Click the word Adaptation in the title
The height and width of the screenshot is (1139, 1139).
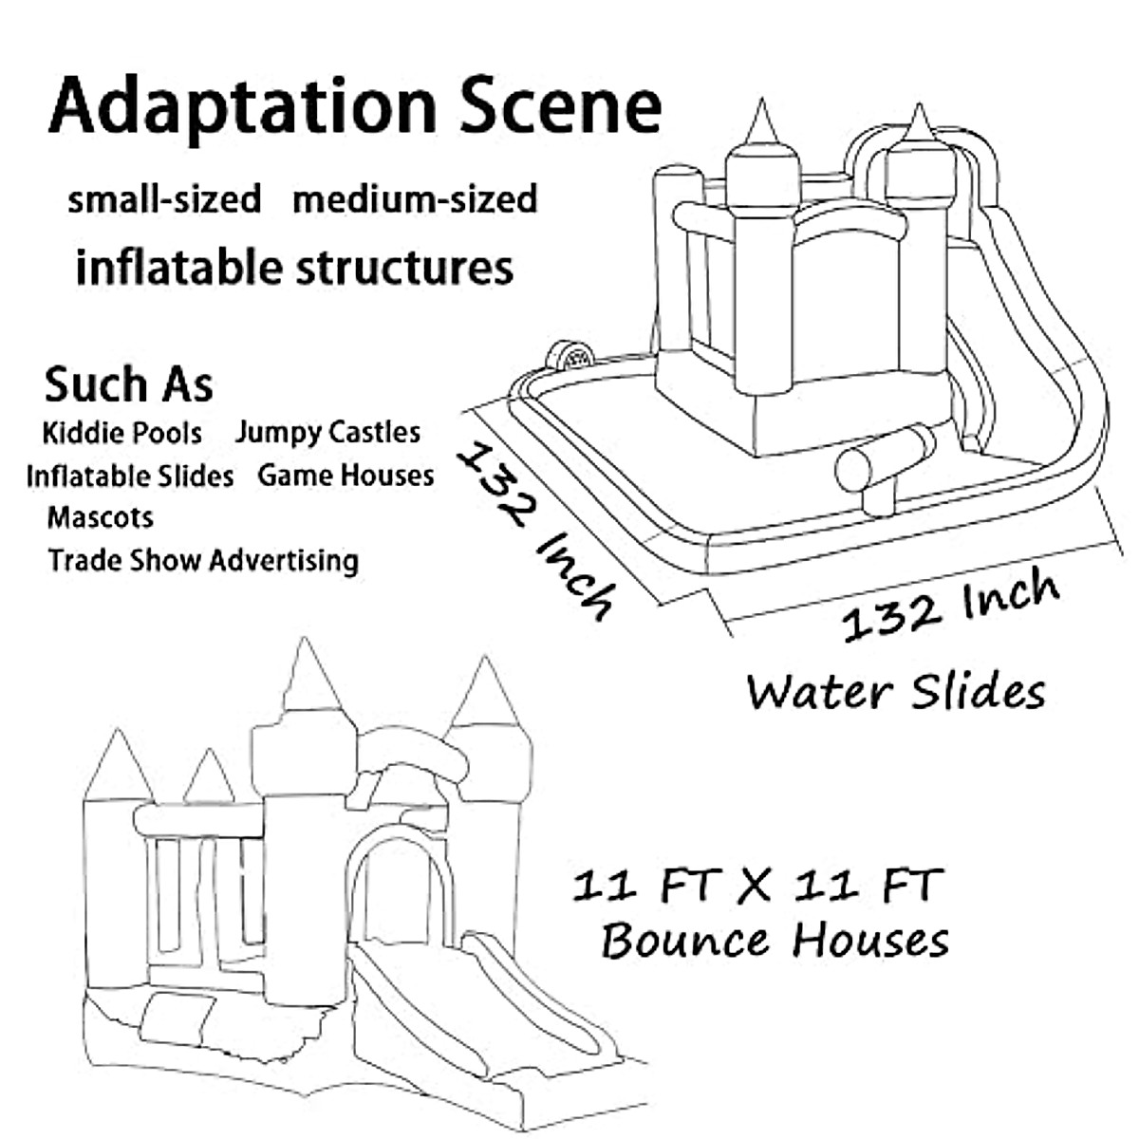[243, 106]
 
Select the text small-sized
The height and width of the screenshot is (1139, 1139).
[164, 199]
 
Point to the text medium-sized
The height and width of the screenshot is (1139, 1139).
[415, 199]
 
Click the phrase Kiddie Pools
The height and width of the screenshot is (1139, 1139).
[122, 433]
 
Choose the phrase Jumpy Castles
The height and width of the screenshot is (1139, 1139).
[327, 433]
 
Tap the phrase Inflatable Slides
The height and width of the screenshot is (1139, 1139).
[130, 475]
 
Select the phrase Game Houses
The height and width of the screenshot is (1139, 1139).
[345, 475]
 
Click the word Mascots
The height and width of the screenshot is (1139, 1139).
[100, 517]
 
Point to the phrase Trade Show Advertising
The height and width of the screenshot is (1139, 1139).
[203, 560]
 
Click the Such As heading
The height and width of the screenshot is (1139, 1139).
[129, 384]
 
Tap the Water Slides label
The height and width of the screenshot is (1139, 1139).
[895, 691]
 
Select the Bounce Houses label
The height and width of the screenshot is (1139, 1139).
[775, 941]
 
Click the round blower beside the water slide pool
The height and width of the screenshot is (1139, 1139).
[569, 358]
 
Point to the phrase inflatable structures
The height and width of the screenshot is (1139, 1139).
[294, 267]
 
